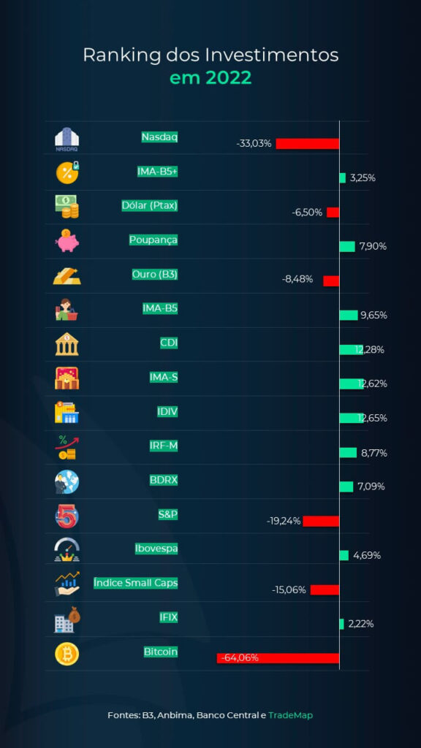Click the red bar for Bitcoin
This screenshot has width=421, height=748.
[x=278, y=658]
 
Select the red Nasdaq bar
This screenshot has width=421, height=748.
[x=308, y=144]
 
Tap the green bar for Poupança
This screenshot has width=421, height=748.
[x=347, y=246]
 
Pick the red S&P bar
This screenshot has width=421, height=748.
[x=321, y=521]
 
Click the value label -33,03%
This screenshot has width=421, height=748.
[x=254, y=144]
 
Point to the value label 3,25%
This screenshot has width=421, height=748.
[x=363, y=178]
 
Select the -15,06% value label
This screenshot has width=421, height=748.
[x=289, y=589]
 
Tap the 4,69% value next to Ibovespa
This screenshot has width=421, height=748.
[x=367, y=555]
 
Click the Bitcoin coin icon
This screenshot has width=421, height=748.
[x=67, y=654]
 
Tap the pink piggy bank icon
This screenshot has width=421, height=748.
[x=67, y=241]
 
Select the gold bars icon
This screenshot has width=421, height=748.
[x=67, y=275]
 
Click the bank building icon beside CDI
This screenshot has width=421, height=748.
[x=67, y=344]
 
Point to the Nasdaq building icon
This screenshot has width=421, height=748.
[x=67, y=139]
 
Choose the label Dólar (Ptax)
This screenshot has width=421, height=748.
[x=149, y=205]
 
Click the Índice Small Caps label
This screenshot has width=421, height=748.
[x=135, y=582]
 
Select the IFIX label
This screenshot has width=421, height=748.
[x=169, y=617]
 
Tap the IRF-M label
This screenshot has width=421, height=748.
[x=164, y=446]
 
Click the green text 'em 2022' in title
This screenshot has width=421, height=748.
[x=210, y=77]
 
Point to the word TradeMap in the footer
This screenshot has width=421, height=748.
[x=291, y=715]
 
